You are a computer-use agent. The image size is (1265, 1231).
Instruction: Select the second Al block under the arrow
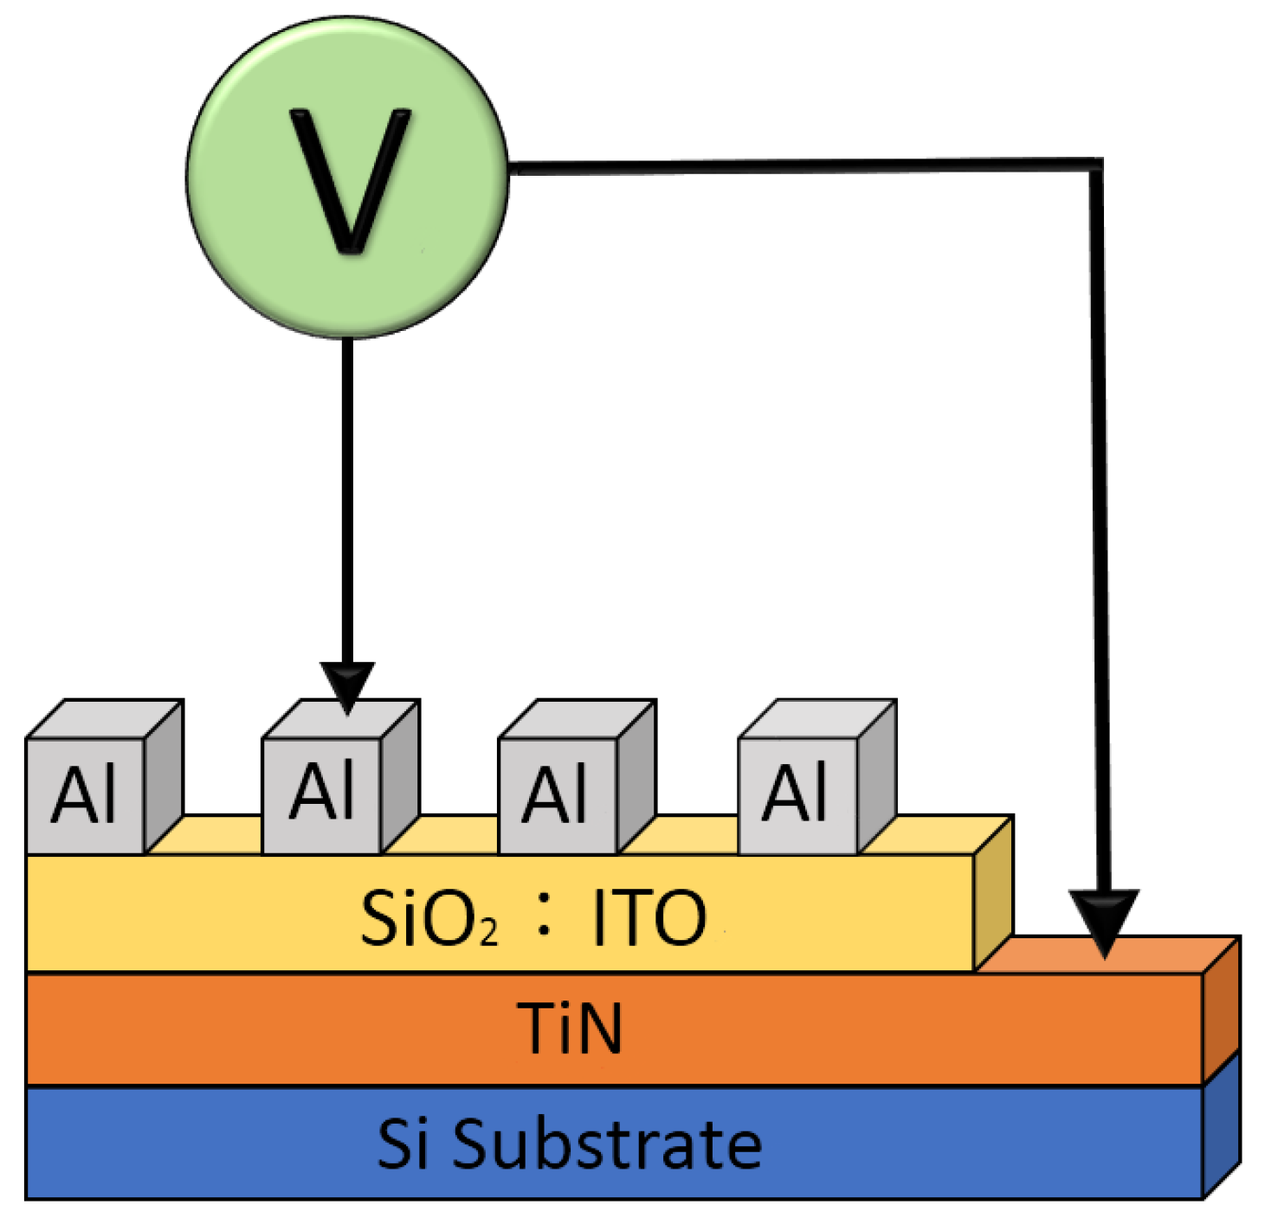pos(322,793)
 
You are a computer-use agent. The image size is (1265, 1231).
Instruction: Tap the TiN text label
pos(570,1029)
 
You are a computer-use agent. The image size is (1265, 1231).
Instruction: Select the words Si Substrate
pos(570,1144)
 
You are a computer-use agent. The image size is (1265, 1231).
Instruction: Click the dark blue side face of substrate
pos(1222,1126)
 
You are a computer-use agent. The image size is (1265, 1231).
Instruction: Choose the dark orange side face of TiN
pos(1222,1009)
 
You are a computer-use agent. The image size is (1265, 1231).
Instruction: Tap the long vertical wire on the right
pos(1100,520)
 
